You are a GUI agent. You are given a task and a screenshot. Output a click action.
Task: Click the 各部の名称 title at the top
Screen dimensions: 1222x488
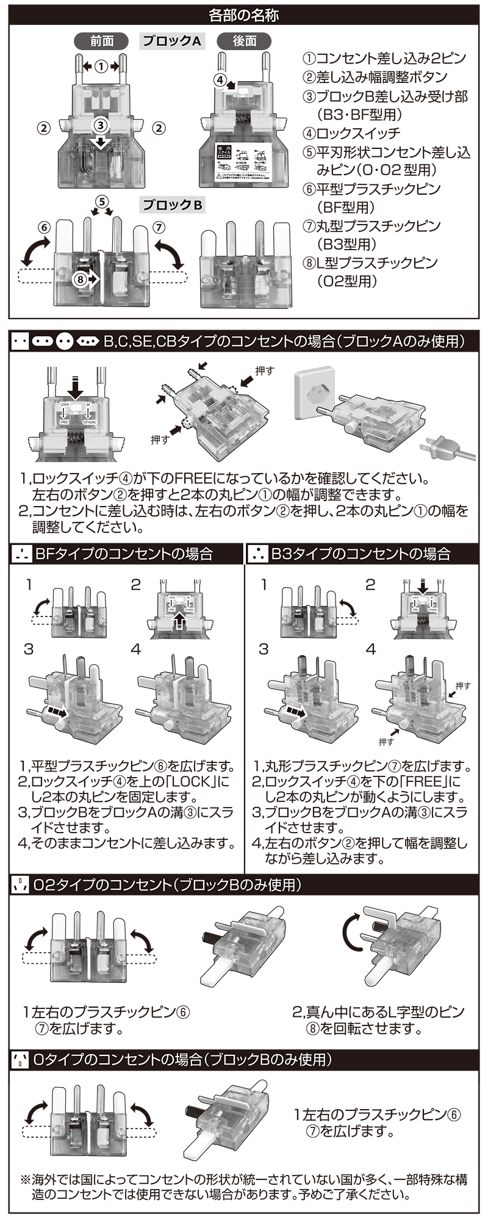click(244, 14)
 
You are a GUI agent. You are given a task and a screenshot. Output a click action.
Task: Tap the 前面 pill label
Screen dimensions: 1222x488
click(101, 41)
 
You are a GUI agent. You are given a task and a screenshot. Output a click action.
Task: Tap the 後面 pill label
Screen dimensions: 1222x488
click(245, 41)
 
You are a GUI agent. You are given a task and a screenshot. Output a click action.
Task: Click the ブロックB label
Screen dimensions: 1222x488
click(173, 206)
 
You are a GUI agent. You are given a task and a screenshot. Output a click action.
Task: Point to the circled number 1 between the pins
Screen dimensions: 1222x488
click(101, 65)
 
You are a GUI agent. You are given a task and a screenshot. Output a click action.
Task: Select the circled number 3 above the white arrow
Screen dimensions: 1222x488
click(101, 125)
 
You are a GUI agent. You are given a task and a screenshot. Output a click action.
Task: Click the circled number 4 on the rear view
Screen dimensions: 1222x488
click(220, 79)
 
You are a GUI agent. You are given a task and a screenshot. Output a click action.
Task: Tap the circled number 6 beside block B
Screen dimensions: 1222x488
click(43, 227)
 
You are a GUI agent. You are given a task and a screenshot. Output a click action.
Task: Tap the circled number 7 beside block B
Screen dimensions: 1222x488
click(157, 227)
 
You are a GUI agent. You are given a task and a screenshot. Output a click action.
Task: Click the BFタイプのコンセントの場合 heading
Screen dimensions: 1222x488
click(124, 554)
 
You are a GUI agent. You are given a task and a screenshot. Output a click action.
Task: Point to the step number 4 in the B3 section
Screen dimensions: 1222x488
click(371, 649)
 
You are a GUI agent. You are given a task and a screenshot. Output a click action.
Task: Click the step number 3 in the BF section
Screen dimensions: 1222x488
click(29, 649)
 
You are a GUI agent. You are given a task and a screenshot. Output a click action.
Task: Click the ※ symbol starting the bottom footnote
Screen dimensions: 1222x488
click(26, 1180)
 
